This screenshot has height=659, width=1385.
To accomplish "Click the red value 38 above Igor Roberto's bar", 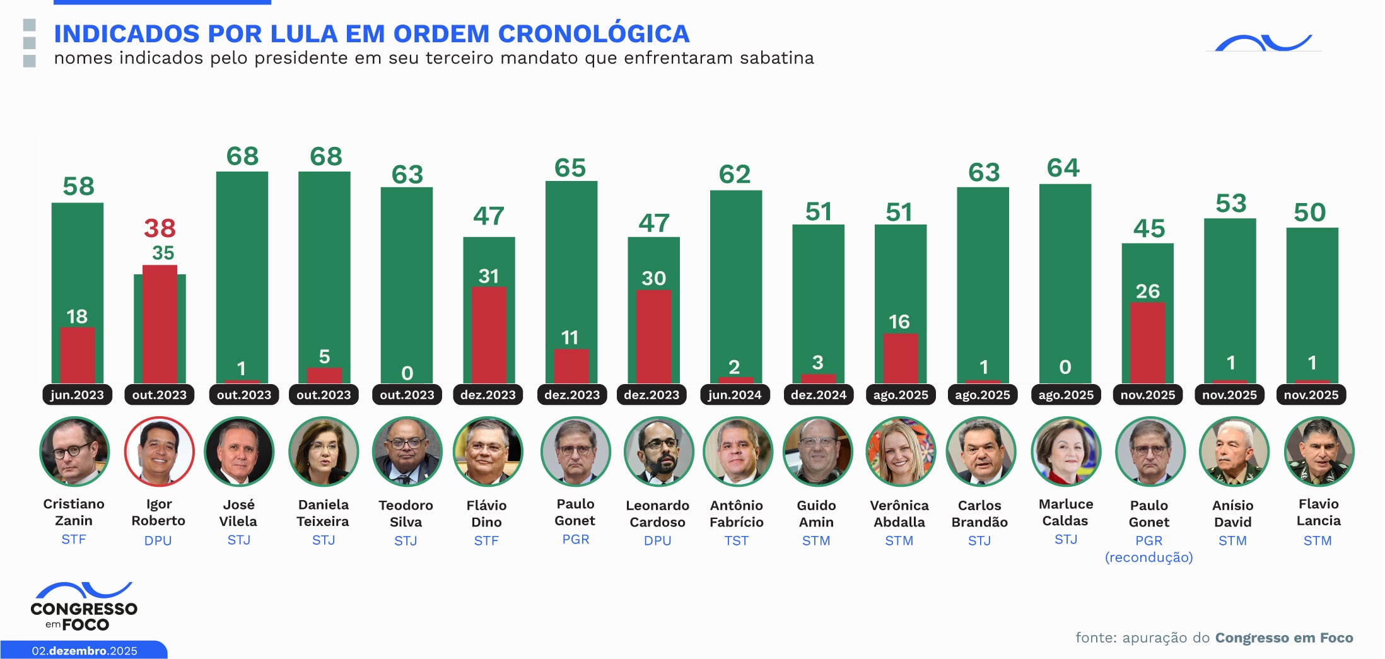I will click(160, 228).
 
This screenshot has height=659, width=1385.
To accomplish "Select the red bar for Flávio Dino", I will click(489, 334).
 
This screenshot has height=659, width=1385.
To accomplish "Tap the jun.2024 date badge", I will click(735, 395).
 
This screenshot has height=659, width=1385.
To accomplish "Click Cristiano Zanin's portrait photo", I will click(74, 452).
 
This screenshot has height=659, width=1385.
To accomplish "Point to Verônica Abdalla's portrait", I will click(900, 452).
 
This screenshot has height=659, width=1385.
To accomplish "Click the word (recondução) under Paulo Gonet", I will click(1148, 557).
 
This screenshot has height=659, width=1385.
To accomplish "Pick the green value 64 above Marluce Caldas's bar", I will click(1063, 168).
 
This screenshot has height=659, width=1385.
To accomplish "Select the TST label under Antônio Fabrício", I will click(736, 540).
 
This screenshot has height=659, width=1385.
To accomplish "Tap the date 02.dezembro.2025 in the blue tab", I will click(85, 651).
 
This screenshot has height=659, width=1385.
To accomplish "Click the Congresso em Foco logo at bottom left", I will click(84, 607).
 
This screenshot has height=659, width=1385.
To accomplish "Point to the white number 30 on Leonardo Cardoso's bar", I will click(653, 278).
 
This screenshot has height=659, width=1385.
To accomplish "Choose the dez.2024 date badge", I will click(818, 395).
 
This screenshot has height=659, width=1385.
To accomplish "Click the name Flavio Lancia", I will click(1318, 512).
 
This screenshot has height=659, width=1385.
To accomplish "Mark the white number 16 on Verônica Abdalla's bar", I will click(899, 322).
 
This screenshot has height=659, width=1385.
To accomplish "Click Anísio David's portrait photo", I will click(1234, 452).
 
